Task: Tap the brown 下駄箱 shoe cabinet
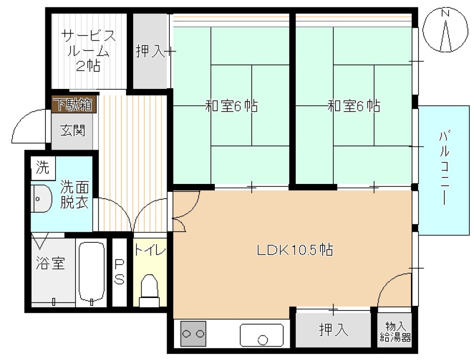74,104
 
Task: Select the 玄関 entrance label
73,130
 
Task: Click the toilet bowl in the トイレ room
149,290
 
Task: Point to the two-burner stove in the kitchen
193,334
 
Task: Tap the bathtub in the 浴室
91,272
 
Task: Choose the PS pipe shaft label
119,272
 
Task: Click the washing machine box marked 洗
43,168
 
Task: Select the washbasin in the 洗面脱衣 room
41,198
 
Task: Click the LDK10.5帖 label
295,250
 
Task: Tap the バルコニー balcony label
444,168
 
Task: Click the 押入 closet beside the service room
150,51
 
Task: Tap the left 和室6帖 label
231,106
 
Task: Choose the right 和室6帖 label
354,106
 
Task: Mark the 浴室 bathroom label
50,263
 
